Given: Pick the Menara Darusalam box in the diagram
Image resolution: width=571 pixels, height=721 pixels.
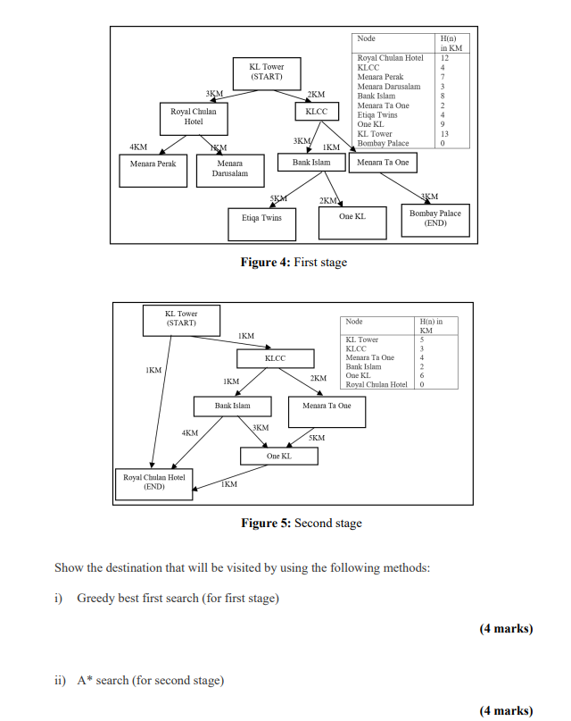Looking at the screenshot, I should click(x=229, y=170).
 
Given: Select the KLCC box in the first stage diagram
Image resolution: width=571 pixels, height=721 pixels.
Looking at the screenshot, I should click(x=316, y=113).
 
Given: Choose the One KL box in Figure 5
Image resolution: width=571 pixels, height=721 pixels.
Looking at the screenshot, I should click(x=278, y=457).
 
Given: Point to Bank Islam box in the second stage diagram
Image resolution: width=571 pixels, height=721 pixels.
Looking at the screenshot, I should click(x=235, y=407).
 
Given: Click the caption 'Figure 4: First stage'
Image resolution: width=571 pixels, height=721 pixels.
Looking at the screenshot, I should click(x=294, y=263).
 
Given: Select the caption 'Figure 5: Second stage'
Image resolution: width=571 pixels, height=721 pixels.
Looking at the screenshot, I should click(x=302, y=524).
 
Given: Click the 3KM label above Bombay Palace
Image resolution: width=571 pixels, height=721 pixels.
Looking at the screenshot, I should click(x=429, y=196).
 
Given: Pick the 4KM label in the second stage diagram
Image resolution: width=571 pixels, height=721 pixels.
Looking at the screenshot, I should click(x=189, y=432).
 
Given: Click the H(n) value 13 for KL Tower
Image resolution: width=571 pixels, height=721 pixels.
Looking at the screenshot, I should click(x=443, y=134).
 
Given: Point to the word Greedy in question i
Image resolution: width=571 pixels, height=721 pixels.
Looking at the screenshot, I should click(x=95, y=598).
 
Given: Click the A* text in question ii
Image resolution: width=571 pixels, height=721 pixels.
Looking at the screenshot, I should click(x=86, y=681).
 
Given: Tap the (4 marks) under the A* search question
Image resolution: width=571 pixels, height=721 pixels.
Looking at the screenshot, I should click(x=506, y=711).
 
